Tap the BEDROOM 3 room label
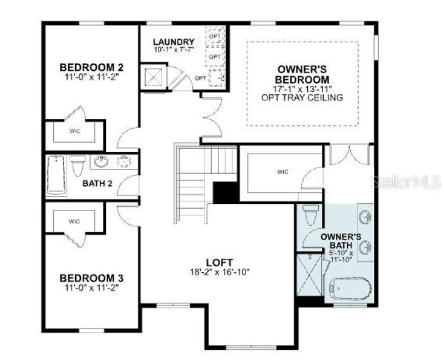[91, 278]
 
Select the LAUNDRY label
[174, 42]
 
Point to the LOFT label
[219, 262]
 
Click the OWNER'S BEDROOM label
[302, 74]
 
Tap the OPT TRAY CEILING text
[302, 97]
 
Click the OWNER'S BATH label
[341, 240]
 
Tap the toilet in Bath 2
[77, 165]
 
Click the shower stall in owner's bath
[310, 275]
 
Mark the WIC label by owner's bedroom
[283, 172]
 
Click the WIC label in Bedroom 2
[74, 131]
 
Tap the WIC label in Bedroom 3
[74, 221]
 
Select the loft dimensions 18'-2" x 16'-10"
[219, 272]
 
